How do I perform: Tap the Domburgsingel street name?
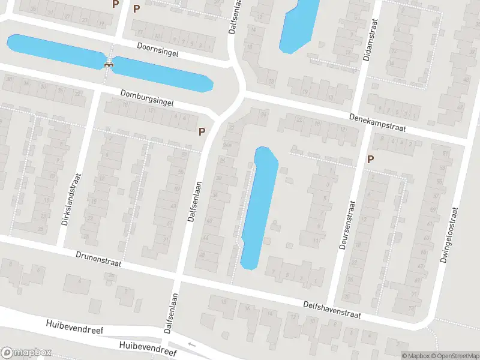point(147,98)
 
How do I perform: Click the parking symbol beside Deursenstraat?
point(371,159)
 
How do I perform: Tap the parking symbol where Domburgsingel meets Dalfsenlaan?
point(202,131)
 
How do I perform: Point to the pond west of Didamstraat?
point(299,24)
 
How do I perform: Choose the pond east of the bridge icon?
point(162,74)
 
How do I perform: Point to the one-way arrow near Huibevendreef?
point(191,345)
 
